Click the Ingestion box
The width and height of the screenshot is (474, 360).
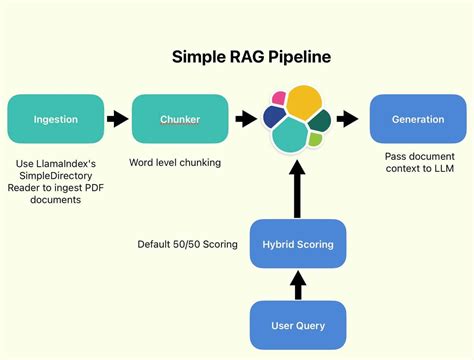[x=55, y=119]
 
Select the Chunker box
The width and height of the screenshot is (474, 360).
[x=180, y=119]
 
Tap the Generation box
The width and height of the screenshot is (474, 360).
[x=417, y=119]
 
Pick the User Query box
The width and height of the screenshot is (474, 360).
[x=297, y=325]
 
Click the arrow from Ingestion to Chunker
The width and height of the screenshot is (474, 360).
[x=118, y=119]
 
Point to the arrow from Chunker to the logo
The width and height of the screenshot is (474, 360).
[x=244, y=119]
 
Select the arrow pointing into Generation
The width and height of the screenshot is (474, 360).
[x=348, y=119]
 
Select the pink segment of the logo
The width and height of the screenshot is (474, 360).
[x=277, y=96]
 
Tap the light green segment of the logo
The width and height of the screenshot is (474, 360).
[x=314, y=140]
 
